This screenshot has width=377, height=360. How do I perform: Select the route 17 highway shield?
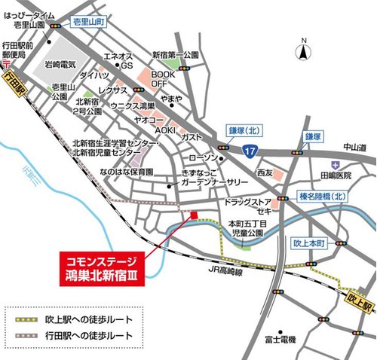click(250, 152)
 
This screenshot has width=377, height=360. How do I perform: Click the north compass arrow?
click(303, 51)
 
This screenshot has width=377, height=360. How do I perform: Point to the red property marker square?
click(194, 216)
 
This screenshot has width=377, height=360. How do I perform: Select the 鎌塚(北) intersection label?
click(246, 131)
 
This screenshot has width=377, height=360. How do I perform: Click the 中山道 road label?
click(351, 148)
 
